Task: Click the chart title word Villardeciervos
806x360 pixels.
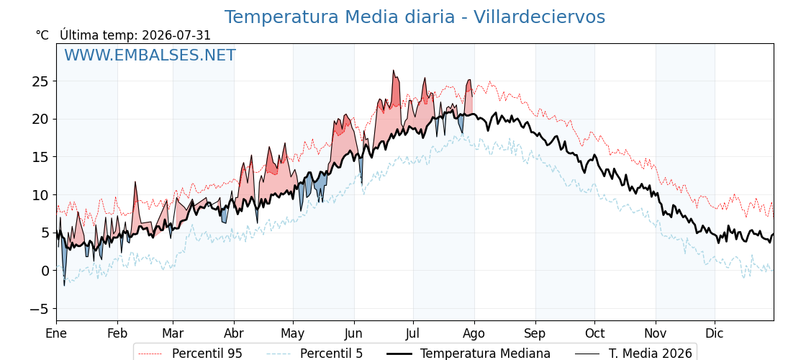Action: pyautogui.click(x=539, y=17)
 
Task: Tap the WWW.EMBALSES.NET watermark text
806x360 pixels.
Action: pyautogui.click(x=150, y=55)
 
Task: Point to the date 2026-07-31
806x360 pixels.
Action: pyautogui.click(x=176, y=35)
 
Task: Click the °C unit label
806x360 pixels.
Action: pyautogui.click(x=42, y=35)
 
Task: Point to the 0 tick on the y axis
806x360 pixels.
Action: pyautogui.click(x=44, y=271)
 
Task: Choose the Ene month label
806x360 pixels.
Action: pyautogui.click(x=56, y=333)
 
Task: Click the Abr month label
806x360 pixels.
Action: pyautogui.click(x=234, y=333)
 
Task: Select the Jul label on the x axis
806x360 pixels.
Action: pyautogui.click(x=413, y=333)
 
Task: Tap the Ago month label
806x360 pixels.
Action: pyautogui.click(x=474, y=334)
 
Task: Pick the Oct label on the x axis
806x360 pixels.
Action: pyautogui.click(x=594, y=333)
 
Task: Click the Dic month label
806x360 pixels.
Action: pyautogui.click(x=715, y=333)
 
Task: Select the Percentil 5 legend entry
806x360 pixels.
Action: pyautogui.click(x=314, y=354)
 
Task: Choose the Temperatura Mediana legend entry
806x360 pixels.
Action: pyautogui.click(x=468, y=354)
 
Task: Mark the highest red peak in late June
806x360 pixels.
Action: pyautogui.click(x=393, y=71)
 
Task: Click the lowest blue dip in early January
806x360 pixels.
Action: pyautogui.click(x=64, y=285)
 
